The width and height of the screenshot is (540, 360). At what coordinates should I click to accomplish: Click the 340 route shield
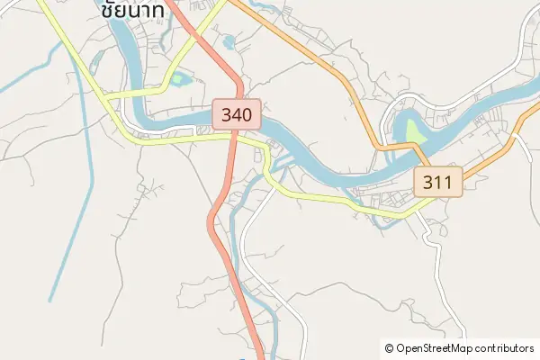pos(238,114)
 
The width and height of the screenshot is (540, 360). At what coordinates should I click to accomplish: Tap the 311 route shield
pos(438,183)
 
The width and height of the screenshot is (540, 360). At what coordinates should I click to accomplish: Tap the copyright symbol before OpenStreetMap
pos(389,347)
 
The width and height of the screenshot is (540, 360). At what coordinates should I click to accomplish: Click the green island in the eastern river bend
pos(413,131)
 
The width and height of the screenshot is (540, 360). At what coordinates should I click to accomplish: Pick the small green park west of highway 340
pos(179,79)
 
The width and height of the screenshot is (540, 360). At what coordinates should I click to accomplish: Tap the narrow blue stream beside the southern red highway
pos(236,243)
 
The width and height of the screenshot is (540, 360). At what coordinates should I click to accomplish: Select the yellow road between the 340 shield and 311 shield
pos(315,195)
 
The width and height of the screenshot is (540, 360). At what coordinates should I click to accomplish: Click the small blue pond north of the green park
pos(228,40)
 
